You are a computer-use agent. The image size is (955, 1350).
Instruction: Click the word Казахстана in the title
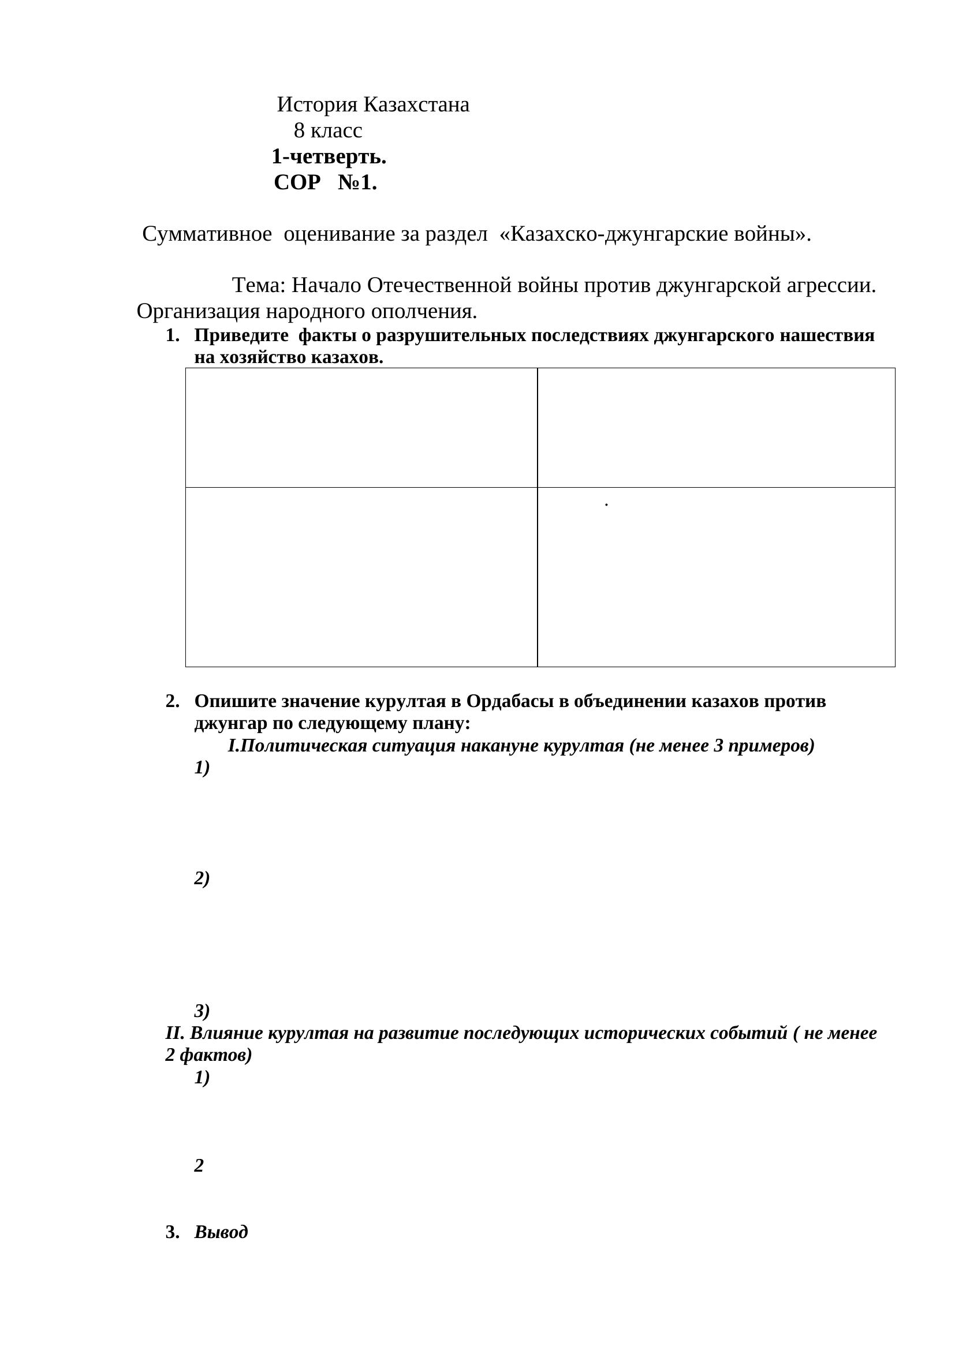point(416,105)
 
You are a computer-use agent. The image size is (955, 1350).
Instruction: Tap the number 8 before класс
point(299,130)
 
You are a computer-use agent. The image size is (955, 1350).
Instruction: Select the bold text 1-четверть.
point(329,157)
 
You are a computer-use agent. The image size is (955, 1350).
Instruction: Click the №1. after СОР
point(357,183)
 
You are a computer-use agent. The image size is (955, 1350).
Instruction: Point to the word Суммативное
point(207,234)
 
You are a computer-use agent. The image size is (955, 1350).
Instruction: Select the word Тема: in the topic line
point(259,286)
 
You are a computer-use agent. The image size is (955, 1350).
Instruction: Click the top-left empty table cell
point(361,428)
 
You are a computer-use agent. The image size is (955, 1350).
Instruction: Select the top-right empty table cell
point(715,428)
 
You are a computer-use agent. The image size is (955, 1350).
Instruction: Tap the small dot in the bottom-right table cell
point(606,504)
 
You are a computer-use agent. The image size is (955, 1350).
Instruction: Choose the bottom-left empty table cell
point(361,577)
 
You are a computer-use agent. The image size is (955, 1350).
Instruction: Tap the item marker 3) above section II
point(202,1011)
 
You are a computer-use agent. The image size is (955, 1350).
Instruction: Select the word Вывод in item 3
point(221,1232)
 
